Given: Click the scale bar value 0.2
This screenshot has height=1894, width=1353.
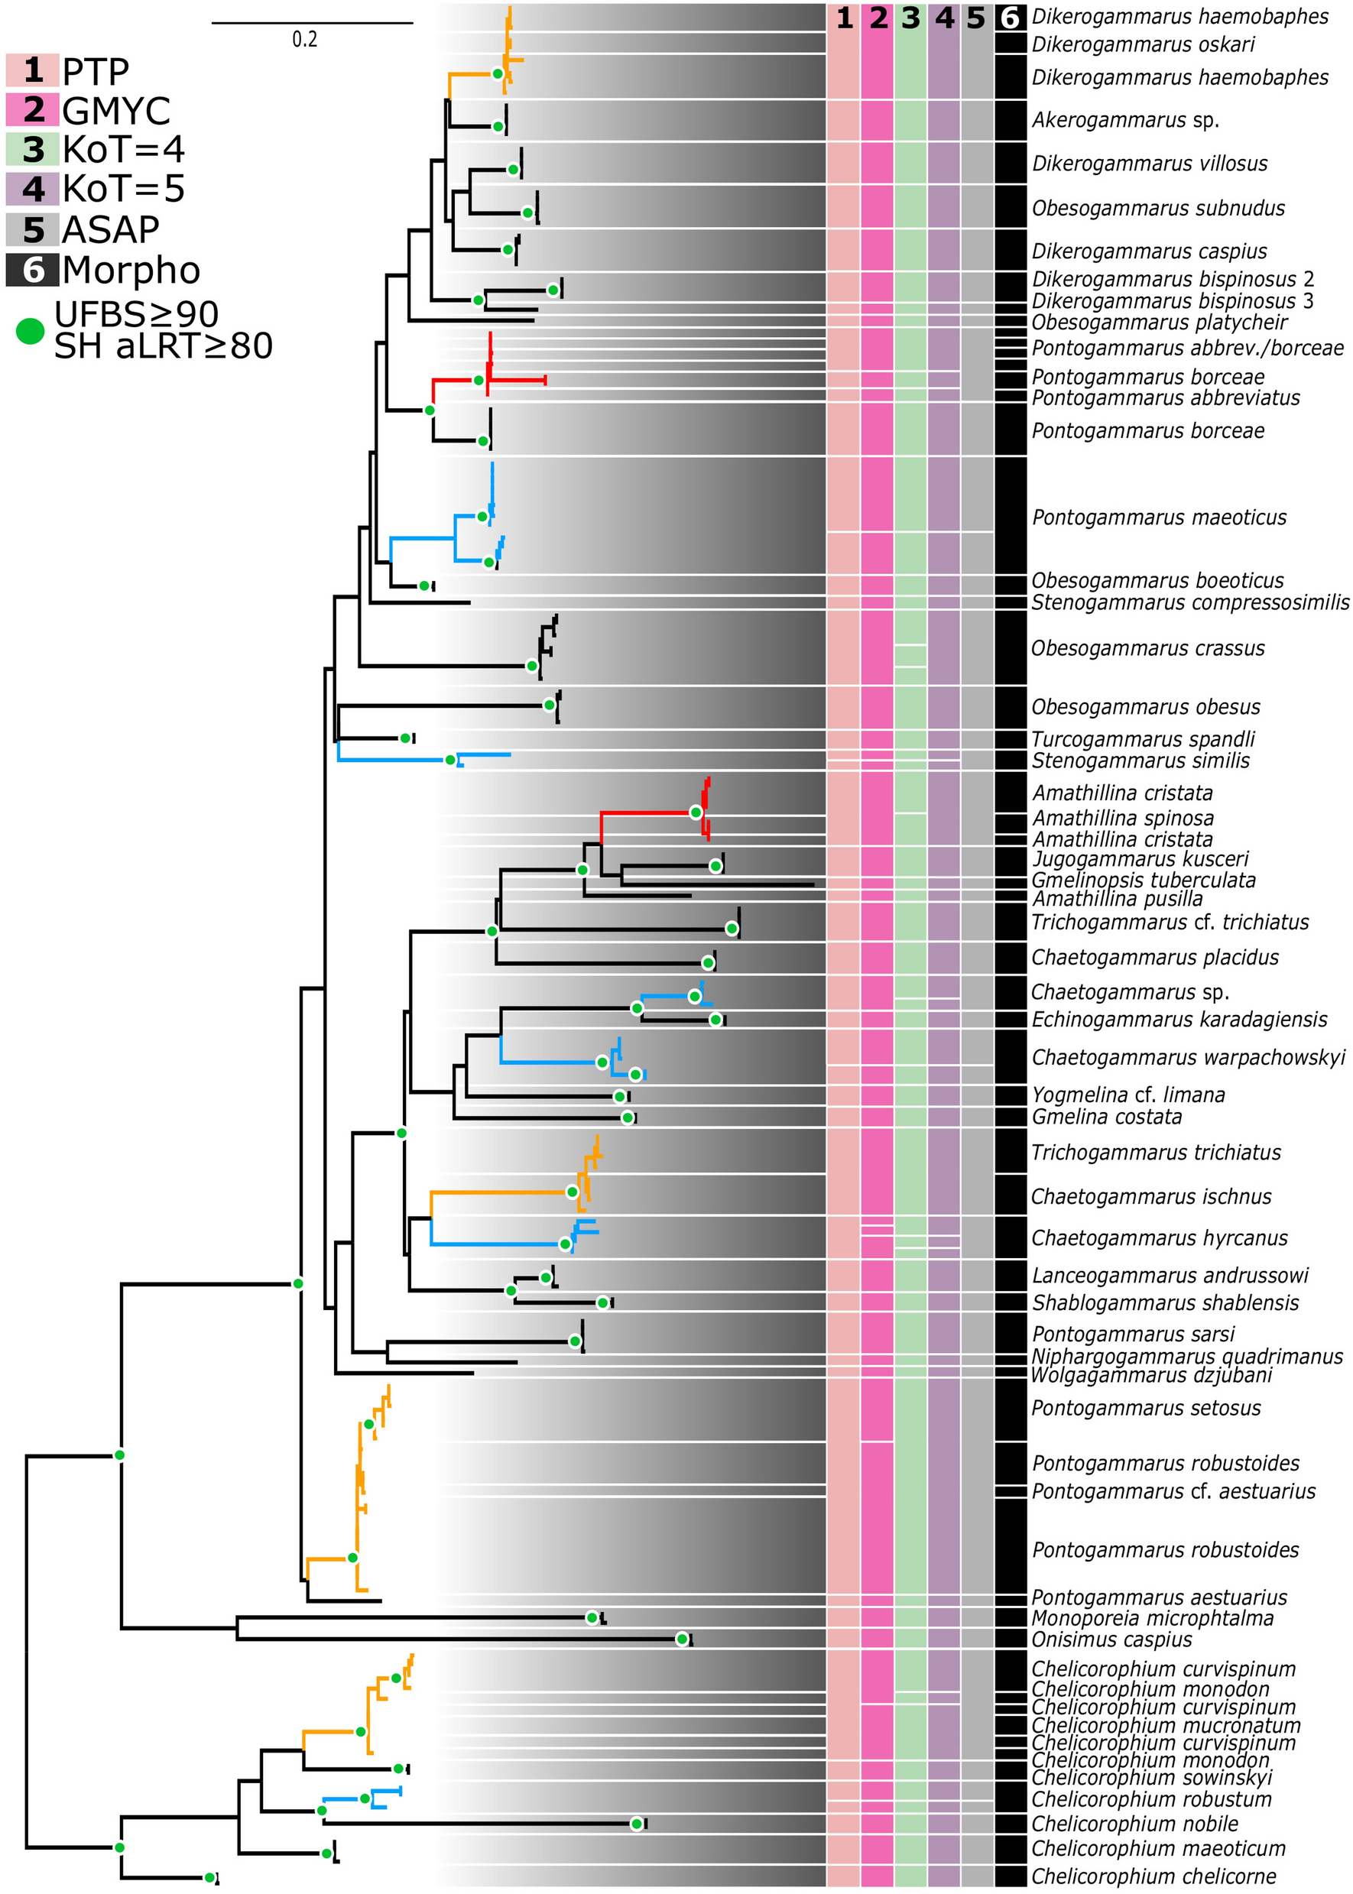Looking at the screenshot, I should click(x=304, y=39).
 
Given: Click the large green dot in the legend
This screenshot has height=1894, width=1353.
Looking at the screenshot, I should click(x=30, y=331).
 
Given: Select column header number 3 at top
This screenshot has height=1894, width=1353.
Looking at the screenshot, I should click(x=910, y=18).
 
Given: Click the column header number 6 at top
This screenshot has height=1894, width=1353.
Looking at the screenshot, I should click(x=1010, y=18).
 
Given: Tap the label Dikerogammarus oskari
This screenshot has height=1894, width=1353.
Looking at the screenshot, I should click(x=1143, y=44).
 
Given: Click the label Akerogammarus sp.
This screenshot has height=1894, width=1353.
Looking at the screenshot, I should click(x=1124, y=120).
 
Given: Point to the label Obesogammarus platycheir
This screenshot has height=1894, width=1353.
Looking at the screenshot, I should click(x=1159, y=323).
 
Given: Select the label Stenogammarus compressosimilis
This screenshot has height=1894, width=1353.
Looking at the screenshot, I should click(x=1189, y=602).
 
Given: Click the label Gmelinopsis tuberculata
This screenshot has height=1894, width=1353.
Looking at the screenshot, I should click(x=1143, y=881).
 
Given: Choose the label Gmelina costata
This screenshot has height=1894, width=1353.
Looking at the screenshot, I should click(x=1106, y=1117).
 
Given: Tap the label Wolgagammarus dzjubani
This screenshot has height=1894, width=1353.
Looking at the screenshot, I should click(x=1151, y=1375).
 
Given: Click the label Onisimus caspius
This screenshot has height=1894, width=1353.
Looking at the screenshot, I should click(x=1111, y=1639).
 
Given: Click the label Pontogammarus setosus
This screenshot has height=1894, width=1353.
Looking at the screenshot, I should click(x=1146, y=1409).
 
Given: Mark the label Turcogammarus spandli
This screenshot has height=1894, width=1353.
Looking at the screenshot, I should click(x=1142, y=739).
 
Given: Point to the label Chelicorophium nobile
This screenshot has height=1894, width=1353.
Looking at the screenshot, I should click(x=1134, y=1823).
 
